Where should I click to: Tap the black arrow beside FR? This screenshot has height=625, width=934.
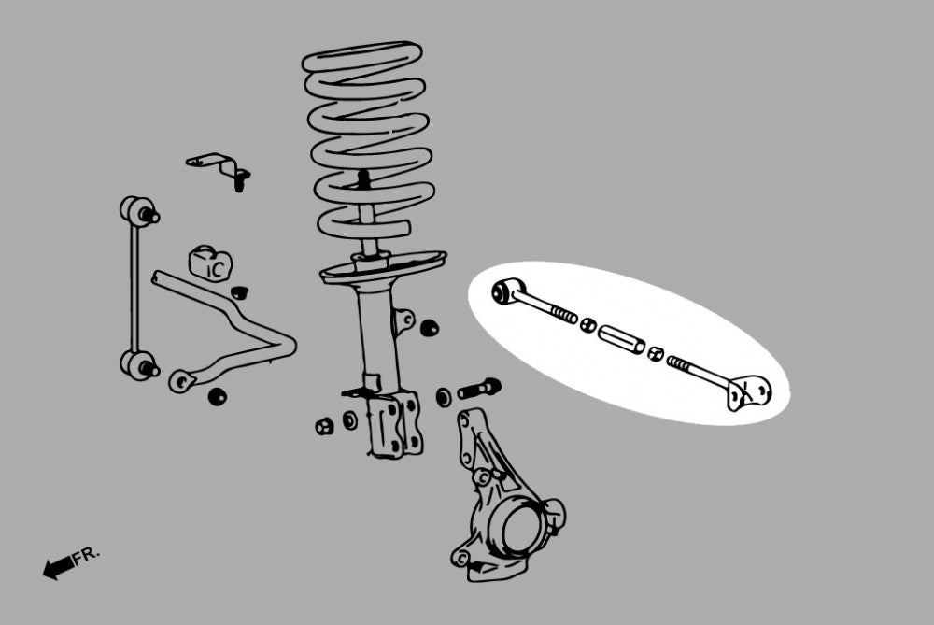coord(59,566)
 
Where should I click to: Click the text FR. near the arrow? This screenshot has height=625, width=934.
coord(87,555)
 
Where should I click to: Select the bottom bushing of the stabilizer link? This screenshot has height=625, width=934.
coord(138,363)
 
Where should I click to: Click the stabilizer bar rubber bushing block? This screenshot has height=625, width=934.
coord(209,263)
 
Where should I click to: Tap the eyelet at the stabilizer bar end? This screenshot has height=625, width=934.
coord(181,380)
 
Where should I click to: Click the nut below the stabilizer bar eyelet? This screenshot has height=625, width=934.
coord(217,395)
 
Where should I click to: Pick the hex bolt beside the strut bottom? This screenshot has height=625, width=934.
coord(479,388)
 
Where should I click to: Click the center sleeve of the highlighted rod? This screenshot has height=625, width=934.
coord(621,338)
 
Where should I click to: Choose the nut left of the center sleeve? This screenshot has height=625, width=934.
coord(588,325)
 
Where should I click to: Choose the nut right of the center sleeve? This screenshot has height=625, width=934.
coord(656,354)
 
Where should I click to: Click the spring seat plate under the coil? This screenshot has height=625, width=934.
coord(382,267)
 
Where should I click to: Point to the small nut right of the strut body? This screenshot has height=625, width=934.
coord(430,328)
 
